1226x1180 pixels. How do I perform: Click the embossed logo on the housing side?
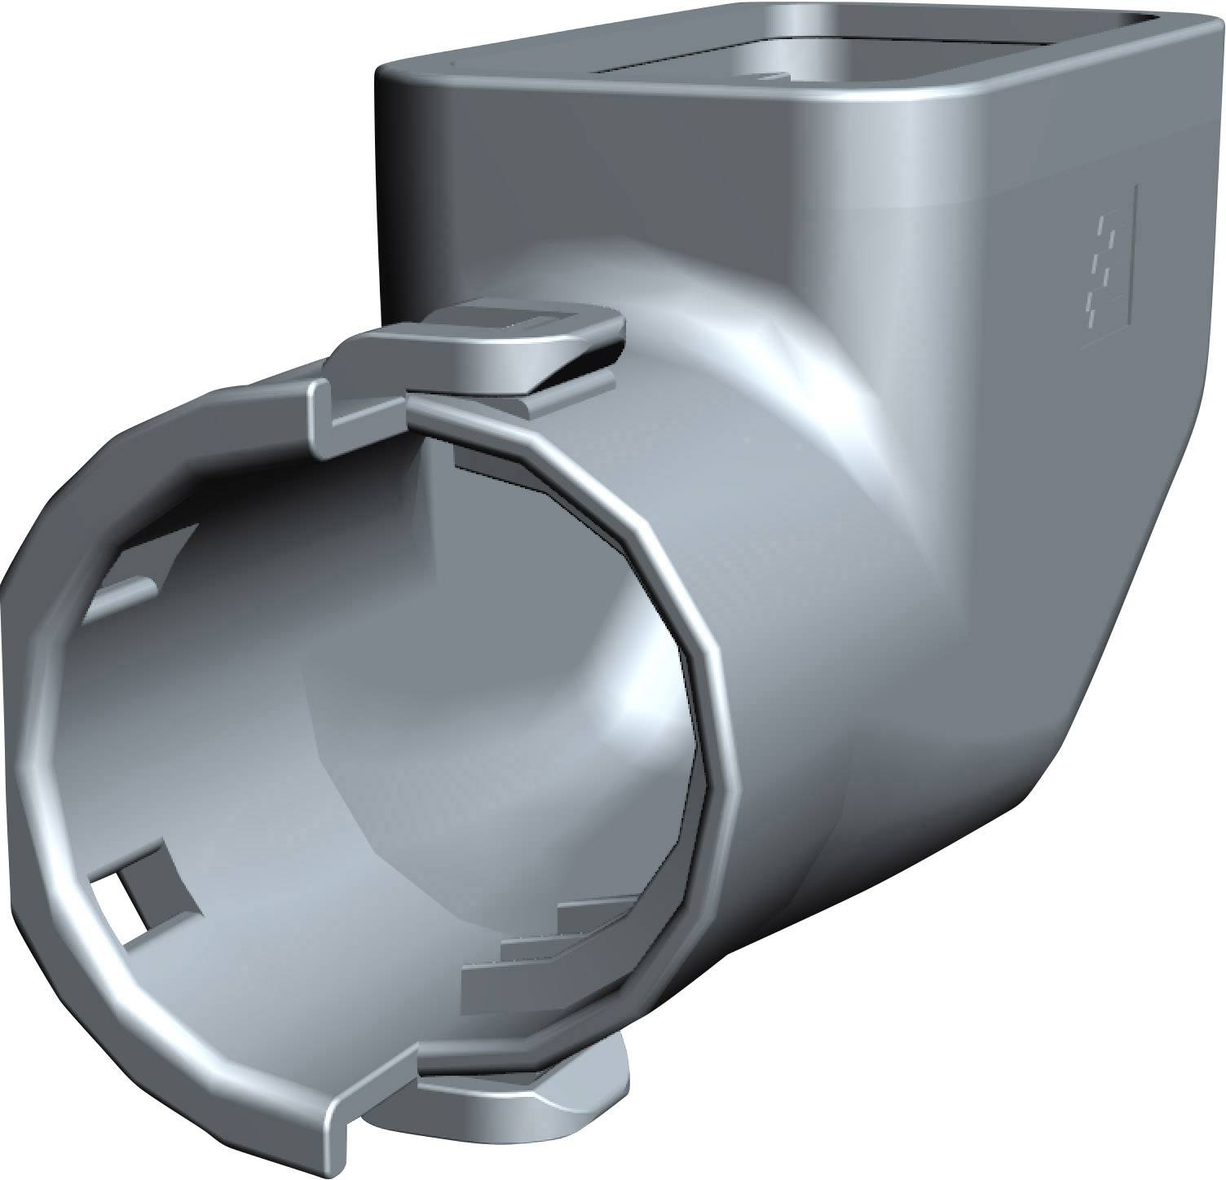1107,266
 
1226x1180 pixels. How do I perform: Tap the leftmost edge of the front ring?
16,733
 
